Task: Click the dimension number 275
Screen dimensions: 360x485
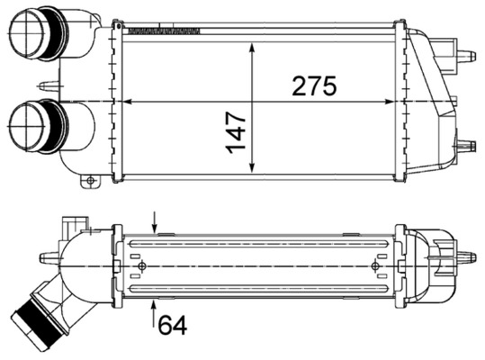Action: click(x=313, y=86)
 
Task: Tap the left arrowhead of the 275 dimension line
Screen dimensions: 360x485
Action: click(x=124, y=101)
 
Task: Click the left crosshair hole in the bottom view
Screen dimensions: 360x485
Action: click(x=143, y=265)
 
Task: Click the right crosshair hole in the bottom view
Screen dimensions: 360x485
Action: click(x=376, y=265)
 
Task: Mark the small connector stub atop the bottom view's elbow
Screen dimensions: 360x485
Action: click(x=72, y=222)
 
